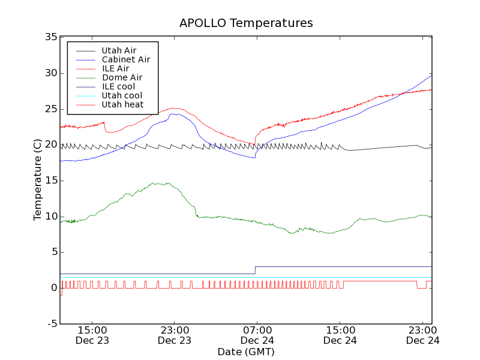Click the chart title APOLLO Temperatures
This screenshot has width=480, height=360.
tap(246, 23)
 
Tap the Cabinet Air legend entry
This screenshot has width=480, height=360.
tap(125, 59)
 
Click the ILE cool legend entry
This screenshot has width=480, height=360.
tap(118, 86)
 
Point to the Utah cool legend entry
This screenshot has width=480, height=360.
tap(122, 95)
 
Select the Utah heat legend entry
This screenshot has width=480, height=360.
tap(122, 104)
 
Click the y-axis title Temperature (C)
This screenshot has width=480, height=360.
tap(38, 181)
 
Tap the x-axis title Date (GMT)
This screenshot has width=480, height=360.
tap(246, 352)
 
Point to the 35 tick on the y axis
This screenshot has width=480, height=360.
tap(50, 37)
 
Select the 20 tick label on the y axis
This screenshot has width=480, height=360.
tap(50, 145)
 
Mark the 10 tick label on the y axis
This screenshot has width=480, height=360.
tap(50, 217)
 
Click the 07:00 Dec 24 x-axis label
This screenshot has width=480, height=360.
tap(257, 335)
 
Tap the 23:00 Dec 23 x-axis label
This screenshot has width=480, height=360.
tap(175, 335)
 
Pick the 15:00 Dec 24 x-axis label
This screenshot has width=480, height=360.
tap(340, 335)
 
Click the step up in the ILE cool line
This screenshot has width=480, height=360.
tap(255, 270)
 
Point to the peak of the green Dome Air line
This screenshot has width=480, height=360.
tap(157, 184)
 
